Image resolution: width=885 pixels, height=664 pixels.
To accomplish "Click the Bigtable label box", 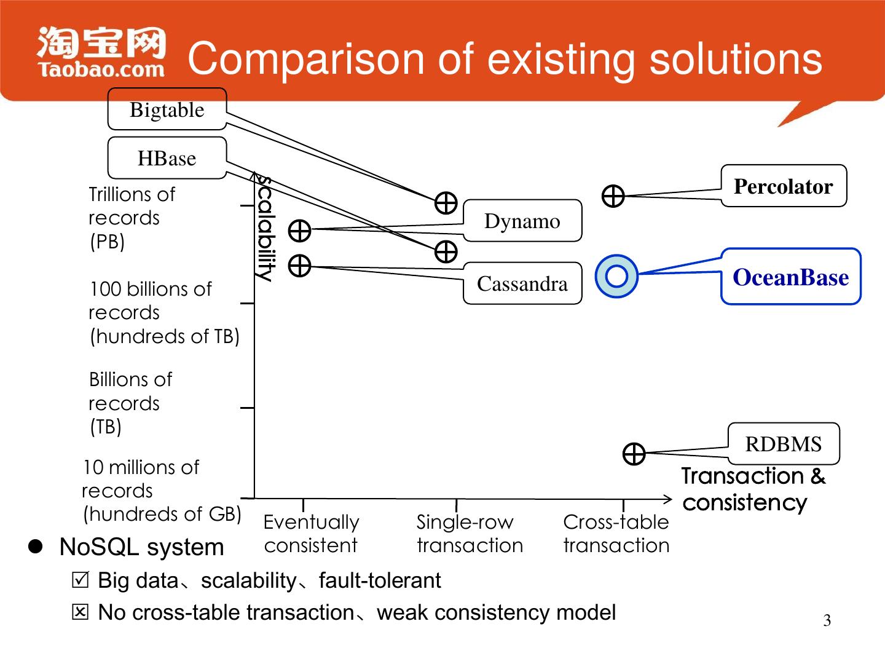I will pyautogui.click(x=167, y=109).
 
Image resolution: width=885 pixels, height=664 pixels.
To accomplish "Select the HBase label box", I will pyautogui.click(x=167, y=158).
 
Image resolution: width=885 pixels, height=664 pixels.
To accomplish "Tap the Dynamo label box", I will pyautogui.click(x=522, y=221).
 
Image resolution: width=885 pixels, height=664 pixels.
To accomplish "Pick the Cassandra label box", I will pyautogui.click(x=522, y=283).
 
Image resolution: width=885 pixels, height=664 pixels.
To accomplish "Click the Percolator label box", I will pyautogui.click(x=783, y=186).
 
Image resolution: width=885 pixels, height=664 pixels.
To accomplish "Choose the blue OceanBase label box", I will pyautogui.click(x=790, y=277).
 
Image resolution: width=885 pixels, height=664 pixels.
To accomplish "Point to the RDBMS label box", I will pyautogui.click(x=783, y=443).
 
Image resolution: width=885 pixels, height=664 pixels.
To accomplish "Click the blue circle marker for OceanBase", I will pyautogui.click(x=616, y=276).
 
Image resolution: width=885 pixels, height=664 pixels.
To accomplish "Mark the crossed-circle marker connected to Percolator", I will pyautogui.click(x=613, y=196).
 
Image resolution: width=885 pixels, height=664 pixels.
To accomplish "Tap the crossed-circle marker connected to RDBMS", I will pyautogui.click(x=634, y=454).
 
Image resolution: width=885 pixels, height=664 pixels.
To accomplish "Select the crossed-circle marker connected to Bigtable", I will pyautogui.click(x=446, y=202).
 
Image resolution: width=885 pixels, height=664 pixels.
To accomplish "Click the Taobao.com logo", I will pyautogui.click(x=101, y=53).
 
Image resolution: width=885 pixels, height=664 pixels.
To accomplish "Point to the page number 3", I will pyautogui.click(x=827, y=620).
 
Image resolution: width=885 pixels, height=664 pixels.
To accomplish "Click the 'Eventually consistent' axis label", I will pyautogui.click(x=311, y=533).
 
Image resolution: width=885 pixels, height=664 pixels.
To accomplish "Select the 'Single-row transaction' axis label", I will pyautogui.click(x=470, y=533).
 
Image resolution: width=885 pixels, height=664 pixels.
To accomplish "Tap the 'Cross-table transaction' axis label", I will pyautogui.click(x=616, y=533).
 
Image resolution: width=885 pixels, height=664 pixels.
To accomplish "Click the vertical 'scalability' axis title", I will pyautogui.click(x=265, y=228).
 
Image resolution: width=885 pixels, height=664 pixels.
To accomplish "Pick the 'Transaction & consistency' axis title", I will pyautogui.click(x=753, y=489).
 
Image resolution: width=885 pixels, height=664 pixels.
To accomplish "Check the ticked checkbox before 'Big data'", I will pyautogui.click(x=80, y=580).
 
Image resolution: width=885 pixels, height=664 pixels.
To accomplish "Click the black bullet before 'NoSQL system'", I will pyautogui.click(x=36, y=546).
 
